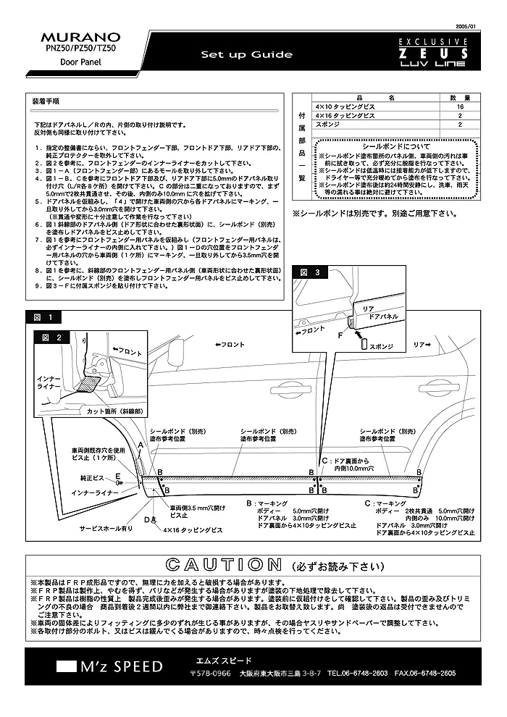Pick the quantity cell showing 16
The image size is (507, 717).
pos(460,106)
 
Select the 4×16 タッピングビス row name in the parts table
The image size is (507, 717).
pos(345,116)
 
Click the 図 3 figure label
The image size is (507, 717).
pos(309,272)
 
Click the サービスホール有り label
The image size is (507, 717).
pos(106,529)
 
